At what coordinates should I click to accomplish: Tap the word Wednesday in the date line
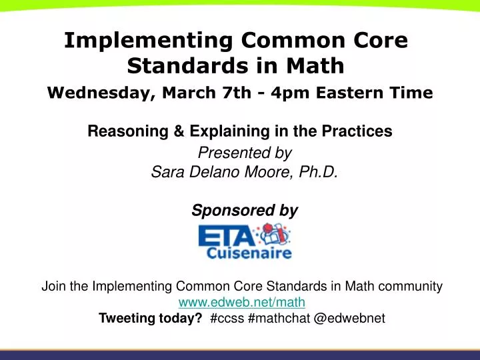99,93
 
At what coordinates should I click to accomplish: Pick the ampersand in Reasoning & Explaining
177,132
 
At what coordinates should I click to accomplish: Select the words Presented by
245,153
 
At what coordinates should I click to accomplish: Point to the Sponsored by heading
245,211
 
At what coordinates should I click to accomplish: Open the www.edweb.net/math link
242,303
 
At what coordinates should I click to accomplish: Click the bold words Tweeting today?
151,319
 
